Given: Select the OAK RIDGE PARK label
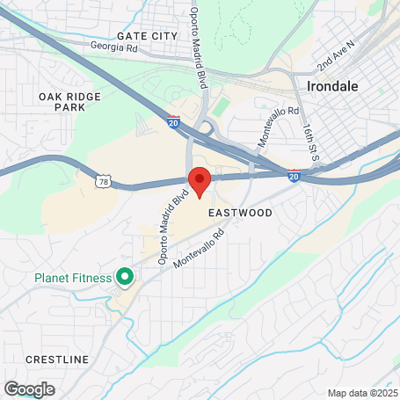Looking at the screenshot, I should point(62,100).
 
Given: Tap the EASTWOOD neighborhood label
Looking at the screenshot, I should point(240,214).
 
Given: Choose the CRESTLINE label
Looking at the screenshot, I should point(57,360).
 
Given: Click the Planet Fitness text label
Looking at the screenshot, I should point(73,279).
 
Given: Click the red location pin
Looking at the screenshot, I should point(200,179).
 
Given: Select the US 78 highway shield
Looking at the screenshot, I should point(104,181).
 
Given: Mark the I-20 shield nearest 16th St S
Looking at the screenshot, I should point(293,176).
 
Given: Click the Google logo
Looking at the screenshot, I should point(29,389).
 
